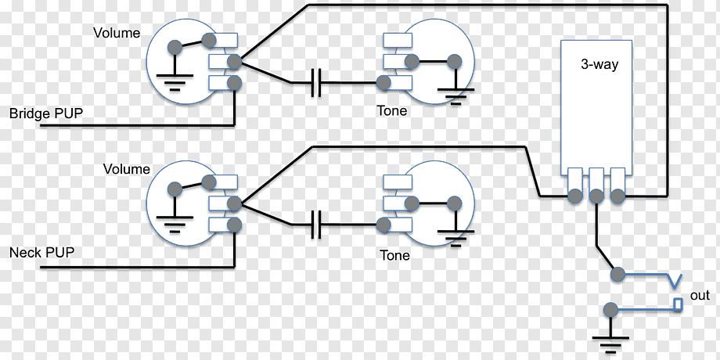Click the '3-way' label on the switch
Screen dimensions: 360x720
599,65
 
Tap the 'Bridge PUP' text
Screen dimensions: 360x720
46,114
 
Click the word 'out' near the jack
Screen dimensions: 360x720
700,296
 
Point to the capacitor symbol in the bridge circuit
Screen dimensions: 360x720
316,82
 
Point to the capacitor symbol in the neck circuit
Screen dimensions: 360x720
316,225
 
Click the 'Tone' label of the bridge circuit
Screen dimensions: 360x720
391,111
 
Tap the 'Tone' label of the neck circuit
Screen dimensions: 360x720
394,255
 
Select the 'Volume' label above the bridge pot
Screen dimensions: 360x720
117,33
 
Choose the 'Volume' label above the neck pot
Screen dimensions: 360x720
126,169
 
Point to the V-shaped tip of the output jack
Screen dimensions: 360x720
674,280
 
